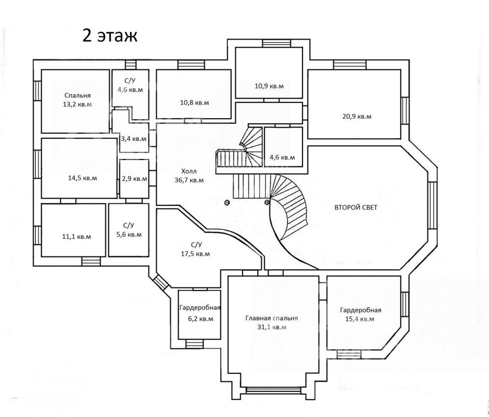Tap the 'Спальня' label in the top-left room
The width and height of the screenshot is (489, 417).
coord(78,95)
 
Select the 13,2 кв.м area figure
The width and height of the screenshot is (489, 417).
coord(78,104)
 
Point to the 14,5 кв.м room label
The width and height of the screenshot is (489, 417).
coord(82,178)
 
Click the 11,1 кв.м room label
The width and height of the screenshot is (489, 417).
coord(77,236)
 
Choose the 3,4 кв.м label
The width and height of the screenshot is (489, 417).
coord(134,139)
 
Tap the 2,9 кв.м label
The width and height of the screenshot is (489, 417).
coord(135,179)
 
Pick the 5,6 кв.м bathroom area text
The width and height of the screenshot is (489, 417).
coord(129,234)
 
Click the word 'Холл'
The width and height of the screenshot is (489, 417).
coord(189,171)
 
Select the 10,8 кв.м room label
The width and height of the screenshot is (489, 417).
coord(194,103)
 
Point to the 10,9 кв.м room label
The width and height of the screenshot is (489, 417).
coord(269,86)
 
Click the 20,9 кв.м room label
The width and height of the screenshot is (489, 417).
coord(357,117)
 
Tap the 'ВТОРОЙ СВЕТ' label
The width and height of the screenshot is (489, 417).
coord(356,207)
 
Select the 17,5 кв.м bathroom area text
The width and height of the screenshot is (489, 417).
coord(195,254)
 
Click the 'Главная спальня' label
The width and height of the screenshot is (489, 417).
coord(272,318)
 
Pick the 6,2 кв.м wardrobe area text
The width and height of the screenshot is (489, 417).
coord(201,319)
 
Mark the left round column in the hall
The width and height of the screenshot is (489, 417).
coord(227,202)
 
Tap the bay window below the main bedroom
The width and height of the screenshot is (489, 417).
coord(274,390)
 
